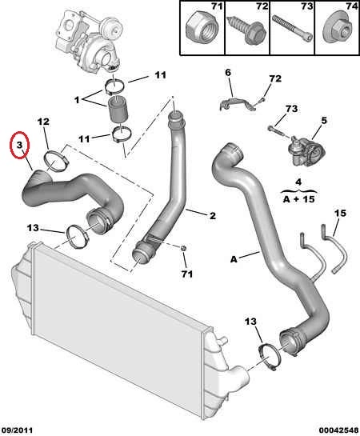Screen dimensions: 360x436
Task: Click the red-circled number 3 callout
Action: (x=19, y=145)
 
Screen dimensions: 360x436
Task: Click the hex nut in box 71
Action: (x=202, y=29)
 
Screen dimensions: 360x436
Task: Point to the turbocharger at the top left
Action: (x=90, y=39)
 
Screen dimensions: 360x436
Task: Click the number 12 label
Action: (x=43, y=122)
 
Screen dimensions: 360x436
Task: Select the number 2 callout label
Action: (x=213, y=215)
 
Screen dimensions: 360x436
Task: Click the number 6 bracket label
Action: (x=228, y=73)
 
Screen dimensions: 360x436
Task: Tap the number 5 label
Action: (x=325, y=121)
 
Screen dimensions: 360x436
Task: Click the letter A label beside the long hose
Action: (x=234, y=259)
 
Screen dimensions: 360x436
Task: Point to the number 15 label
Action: (x=341, y=214)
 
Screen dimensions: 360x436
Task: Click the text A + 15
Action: (x=298, y=199)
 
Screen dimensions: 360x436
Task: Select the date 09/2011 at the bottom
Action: (x=17, y=430)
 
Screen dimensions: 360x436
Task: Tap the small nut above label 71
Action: (x=183, y=247)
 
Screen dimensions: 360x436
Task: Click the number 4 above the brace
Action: (x=298, y=182)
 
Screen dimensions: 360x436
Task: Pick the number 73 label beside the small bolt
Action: (x=291, y=109)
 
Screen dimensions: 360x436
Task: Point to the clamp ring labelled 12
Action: (x=57, y=161)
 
